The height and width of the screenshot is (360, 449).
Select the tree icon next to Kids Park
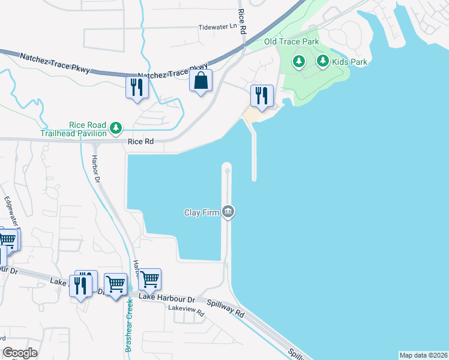pyautogui.click(x=323, y=61)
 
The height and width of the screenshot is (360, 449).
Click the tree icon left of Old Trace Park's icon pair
pyautogui.click(x=298, y=61)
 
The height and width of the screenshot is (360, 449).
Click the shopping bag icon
pyautogui.click(x=200, y=80)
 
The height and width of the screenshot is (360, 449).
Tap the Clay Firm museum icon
pyautogui.click(x=228, y=212)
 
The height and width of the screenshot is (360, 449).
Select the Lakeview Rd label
pyautogui.click(x=182, y=308)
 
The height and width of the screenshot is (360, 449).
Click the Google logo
pyautogui.click(x=20, y=353)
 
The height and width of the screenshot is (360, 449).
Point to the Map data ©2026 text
pyautogui.click(x=423, y=355)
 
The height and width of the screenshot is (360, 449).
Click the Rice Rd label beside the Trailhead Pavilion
pyautogui.click(x=140, y=142)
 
